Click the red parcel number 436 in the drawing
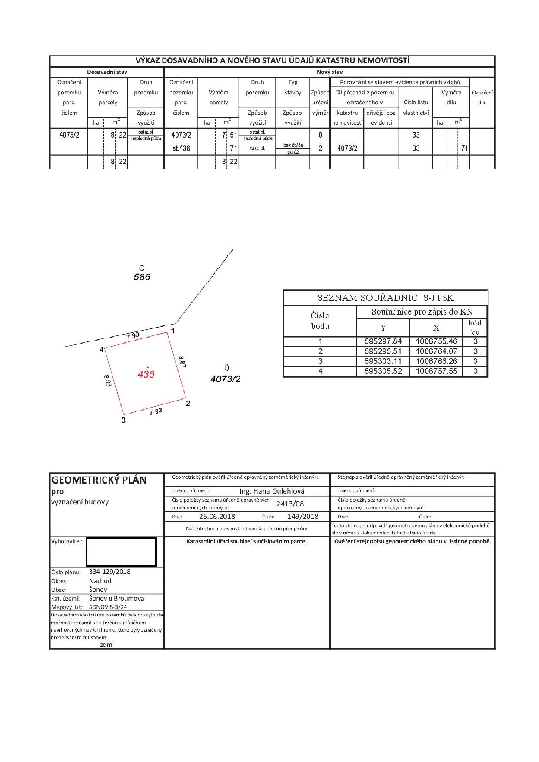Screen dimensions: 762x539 click(x=146, y=374)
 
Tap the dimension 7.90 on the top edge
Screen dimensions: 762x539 click(x=133, y=335)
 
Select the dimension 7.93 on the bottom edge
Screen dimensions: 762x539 click(x=156, y=411)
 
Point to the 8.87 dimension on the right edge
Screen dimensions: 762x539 click(x=183, y=361)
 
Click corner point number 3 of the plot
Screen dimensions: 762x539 click(x=123, y=420)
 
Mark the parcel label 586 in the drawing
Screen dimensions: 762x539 click(x=142, y=277)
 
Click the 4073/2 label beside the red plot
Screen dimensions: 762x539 click(x=225, y=378)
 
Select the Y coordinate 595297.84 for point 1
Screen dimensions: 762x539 click(x=383, y=341)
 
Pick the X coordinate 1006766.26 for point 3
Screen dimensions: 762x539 click(x=436, y=361)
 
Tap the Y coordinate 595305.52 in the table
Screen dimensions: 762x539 click(x=383, y=371)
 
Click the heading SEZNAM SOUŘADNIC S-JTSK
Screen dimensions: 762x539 click(x=385, y=298)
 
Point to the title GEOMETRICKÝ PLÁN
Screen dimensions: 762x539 click(x=99, y=480)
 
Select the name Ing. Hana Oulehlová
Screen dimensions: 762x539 click(x=272, y=491)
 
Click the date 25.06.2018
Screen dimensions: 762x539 click(x=217, y=517)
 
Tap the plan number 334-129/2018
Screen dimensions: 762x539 click(x=110, y=572)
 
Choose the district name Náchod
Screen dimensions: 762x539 click(x=100, y=581)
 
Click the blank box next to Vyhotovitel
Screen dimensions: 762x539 click(x=121, y=552)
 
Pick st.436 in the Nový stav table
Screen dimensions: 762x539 click(x=181, y=148)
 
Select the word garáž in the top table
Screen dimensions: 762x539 click(x=293, y=152)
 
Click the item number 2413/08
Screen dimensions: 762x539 click(x=290, y=504)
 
